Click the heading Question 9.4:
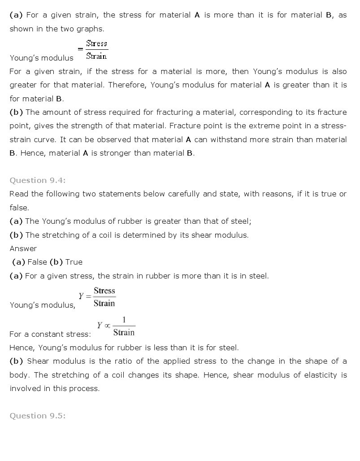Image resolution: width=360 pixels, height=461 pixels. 38,180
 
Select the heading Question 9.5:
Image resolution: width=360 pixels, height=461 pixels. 38,416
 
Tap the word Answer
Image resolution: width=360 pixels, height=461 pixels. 23,248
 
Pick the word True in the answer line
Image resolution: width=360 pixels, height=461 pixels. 74,262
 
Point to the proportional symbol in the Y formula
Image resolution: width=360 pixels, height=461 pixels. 107,326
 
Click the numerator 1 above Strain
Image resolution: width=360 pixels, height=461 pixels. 124,320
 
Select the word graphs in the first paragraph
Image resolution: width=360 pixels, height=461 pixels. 91,29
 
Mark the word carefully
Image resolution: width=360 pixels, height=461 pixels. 182,194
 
